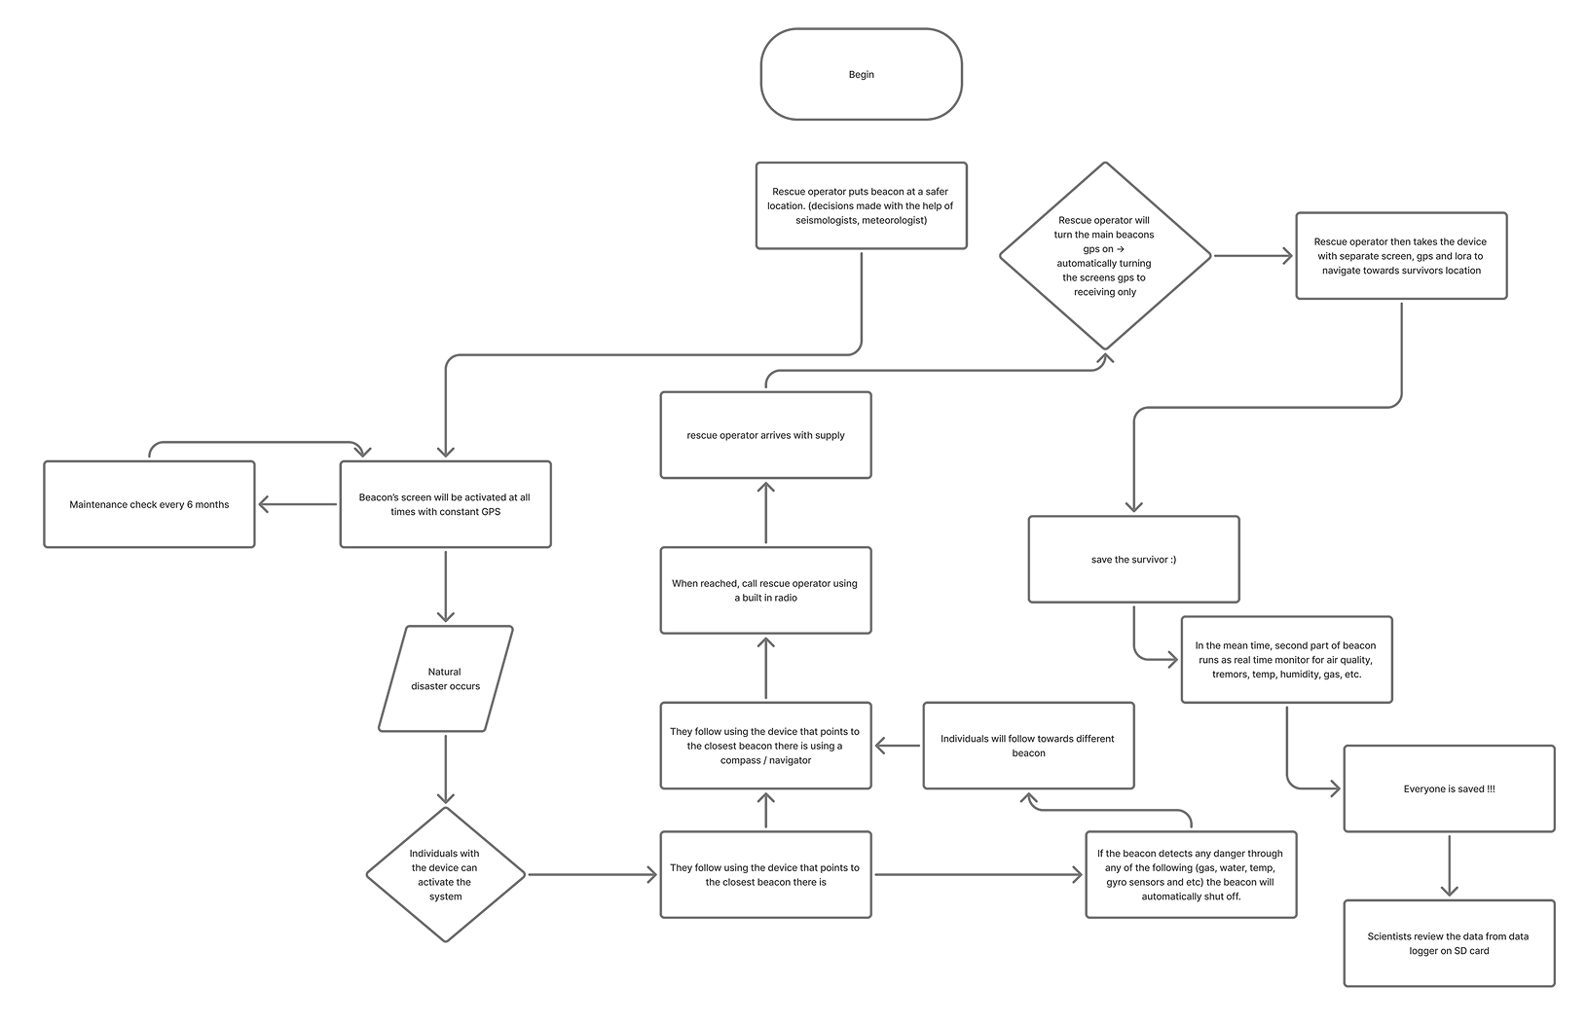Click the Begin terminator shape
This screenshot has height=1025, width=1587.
pyautogui.click(x=861, y=74)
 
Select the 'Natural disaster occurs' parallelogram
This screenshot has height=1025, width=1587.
pyautogui.click(x=445, y=678)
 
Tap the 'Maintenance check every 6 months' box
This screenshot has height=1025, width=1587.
pyautogui.click(x=149, y=504)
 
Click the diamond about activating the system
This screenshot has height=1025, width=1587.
pyautogui.click(x=445, y=874)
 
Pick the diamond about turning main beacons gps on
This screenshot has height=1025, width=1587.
pyautogui.click(x=1105, y=256)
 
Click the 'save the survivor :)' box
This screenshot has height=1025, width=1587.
pyautogui.click(x=1133, y=560)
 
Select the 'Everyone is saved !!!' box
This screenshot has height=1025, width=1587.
pyautogui.click(x=1449, y=788)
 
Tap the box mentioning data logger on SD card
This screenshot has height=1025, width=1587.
pyautogui.click(x=1449, y=943)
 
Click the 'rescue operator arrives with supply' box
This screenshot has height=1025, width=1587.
pyautogui.click(x=765, y=435)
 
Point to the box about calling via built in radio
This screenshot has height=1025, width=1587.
pyautogui.click(x=765, y=590)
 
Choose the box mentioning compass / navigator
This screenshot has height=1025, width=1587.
pyautogui.click(x=765, y=746)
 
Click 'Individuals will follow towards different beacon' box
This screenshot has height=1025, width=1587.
pyautogui.click(x=1028, y=746)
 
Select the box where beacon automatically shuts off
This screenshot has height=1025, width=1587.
pyautogui.click(x=1191, y=874)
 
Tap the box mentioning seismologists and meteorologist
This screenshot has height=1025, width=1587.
pyautogui.click(x=861, y=205)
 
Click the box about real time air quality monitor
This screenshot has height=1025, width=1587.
pyautogui.click(x=1286, y=659)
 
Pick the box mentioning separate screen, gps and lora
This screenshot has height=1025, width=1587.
pyautogui.click(x=1401, y=256)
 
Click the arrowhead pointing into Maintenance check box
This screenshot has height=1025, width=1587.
pyautogui.click(x=263, y=504)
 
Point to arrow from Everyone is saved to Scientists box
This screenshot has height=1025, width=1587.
pyautogui.click(x=1449, y=866)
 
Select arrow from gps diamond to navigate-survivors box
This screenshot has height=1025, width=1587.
pyautogui.click(x=1254, y=256)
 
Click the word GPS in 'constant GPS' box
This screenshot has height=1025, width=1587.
pyautogui.click(x=491, y=512)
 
